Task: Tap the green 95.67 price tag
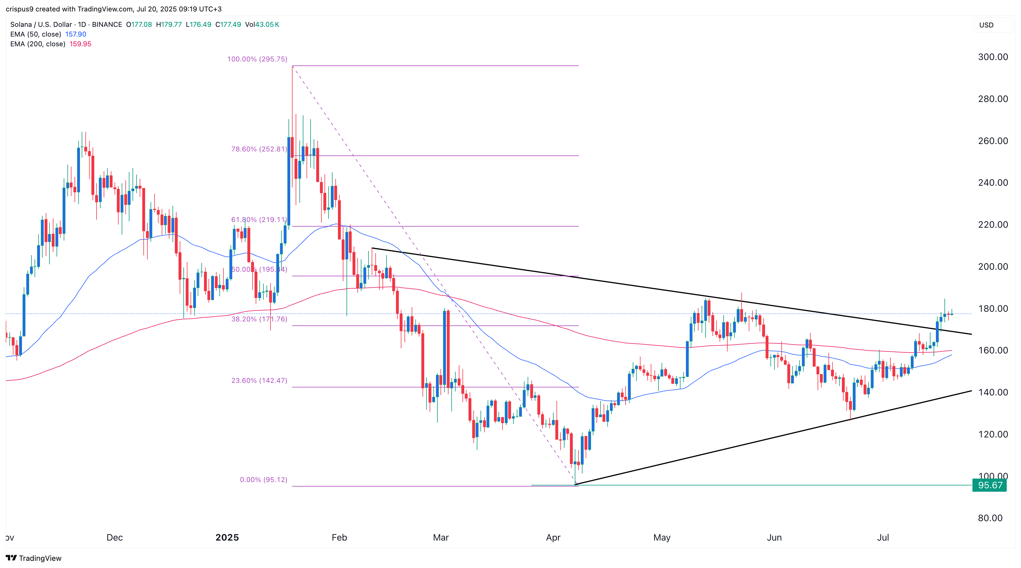point(990,485)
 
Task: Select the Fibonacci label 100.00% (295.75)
point(257,59)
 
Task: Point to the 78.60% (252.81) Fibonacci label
point(259,149)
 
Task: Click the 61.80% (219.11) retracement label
point(259,220)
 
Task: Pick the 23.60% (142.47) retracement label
point(259,381)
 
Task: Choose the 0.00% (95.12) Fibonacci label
point(263,480)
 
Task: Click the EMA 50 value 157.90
point(75,34)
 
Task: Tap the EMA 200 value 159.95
point(81,44)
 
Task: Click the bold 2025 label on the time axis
point(227,537)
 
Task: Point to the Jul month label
point(883,537)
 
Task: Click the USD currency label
point(986,25)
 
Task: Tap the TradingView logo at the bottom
point(34,558)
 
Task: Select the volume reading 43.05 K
point(262,25)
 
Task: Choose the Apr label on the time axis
point(553,537)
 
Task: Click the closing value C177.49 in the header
point(228,25)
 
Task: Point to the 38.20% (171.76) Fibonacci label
point(259,319)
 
